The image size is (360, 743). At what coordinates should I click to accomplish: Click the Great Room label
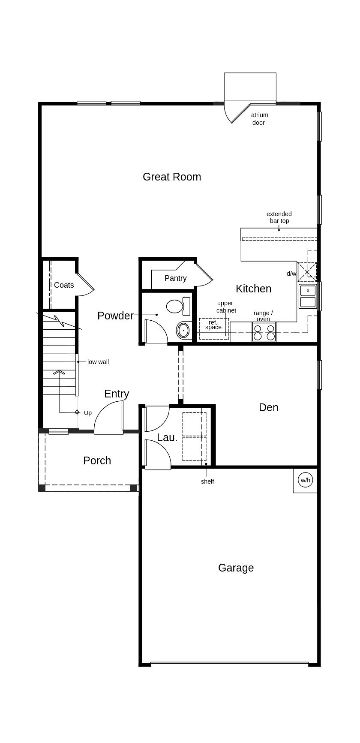[172, 177]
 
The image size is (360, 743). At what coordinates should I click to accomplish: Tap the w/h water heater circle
[305, 480]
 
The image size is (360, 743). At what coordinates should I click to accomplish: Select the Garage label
[236, 568]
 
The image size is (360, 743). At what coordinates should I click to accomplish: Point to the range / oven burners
[264, 332]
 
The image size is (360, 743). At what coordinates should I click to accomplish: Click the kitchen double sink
[308, 296]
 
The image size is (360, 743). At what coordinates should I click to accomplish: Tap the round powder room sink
[183, 330]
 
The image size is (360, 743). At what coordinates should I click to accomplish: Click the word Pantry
[176, 278]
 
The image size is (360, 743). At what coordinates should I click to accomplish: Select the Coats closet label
[64, 285]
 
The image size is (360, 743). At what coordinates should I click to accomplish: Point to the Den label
[269, 407]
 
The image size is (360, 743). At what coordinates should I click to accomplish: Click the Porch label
[97, 460]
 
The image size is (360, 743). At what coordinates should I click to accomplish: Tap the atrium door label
[259, 119]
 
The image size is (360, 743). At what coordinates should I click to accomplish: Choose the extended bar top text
[279, 217]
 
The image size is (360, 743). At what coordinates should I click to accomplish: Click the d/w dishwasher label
[291, 274]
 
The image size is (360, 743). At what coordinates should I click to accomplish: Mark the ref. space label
[213, 325]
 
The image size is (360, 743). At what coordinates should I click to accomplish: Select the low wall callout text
[98, 362]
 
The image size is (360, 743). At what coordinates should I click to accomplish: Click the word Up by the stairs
[88, 413]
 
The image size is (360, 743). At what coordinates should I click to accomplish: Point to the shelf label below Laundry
[207, 481]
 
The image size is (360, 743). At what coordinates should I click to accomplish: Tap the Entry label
[117, 394]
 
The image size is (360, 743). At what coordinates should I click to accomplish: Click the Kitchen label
[254, 289]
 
